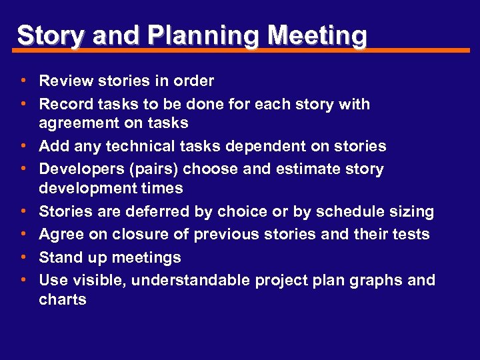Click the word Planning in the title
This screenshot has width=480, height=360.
tap(189, 35)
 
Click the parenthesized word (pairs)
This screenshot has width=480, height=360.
tap(150, 169)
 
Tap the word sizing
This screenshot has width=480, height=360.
tap(412, 212)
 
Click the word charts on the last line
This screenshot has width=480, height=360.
tap(63, 299)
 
